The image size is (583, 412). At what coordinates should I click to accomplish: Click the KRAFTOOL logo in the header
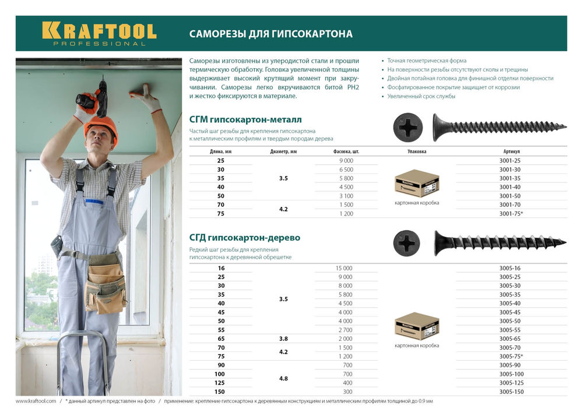99,33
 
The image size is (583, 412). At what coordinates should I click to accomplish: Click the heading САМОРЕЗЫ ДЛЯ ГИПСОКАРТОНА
271,34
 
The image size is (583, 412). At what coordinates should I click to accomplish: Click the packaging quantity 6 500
346,170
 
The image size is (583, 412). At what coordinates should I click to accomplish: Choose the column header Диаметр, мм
283,151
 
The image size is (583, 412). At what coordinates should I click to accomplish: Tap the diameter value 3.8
283,339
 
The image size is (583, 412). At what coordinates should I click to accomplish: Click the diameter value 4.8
283,378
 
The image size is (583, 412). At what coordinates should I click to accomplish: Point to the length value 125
220,383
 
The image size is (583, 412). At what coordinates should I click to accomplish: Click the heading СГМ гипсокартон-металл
245,119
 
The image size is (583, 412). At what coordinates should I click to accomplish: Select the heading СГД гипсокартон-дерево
244,238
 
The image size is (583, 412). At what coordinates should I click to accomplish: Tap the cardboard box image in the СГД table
417,326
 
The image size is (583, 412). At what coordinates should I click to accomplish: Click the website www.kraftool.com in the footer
36,402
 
